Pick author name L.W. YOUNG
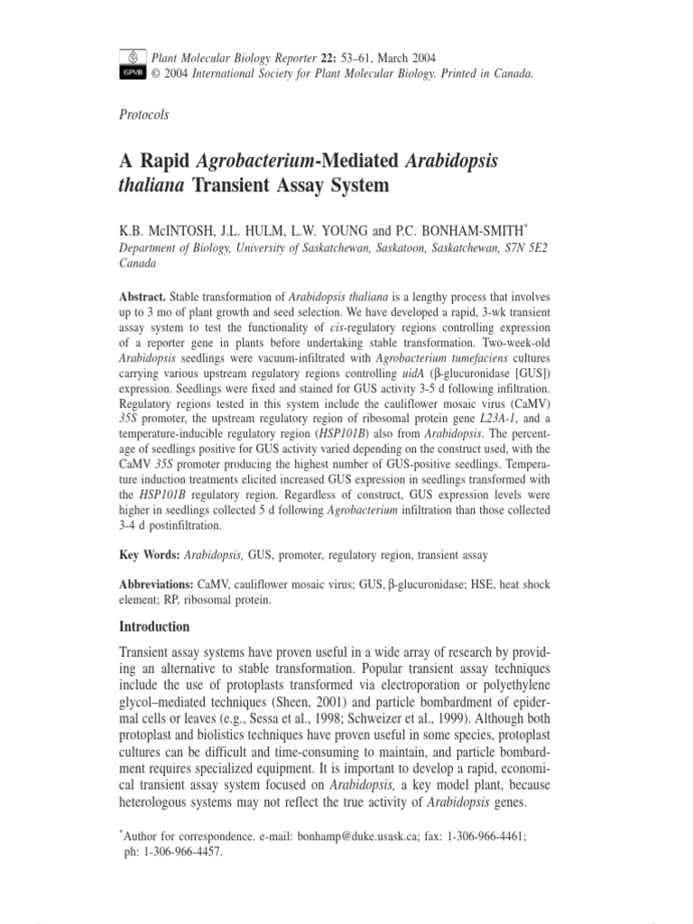pos(324,231)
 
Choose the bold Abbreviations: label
pos(161,585)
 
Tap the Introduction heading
pos(155,626)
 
